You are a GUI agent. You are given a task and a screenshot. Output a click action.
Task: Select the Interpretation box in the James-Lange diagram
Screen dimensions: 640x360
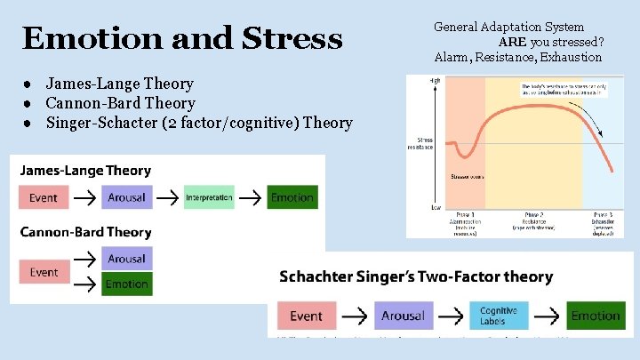click(x=209, y=197)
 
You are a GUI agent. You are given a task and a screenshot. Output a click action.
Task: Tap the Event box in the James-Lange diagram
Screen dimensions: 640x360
click(x=43, y=197)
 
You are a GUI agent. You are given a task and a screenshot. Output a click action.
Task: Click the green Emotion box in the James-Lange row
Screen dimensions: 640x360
click(x=292, y=197)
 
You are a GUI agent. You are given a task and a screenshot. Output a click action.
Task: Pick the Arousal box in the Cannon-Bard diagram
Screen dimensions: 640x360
click(x=126, y=259)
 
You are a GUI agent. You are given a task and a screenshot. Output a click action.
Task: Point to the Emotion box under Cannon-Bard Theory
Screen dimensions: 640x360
click(x=126, y=284)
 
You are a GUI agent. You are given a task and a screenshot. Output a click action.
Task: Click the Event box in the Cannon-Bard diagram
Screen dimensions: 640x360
click(x=44, y=272)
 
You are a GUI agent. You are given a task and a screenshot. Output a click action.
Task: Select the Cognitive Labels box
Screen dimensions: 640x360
click(x=499, y=316)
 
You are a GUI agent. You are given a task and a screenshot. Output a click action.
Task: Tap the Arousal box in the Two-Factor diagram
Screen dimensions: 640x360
click(x=403, y=316)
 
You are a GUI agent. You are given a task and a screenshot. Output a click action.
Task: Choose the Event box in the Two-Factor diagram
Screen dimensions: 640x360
click(x=307, y=316)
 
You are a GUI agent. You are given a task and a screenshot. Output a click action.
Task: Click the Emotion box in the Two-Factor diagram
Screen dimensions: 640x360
click(x=596, y=316)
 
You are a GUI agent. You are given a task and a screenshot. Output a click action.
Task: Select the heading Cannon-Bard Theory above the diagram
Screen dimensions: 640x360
click(x=85, y=232)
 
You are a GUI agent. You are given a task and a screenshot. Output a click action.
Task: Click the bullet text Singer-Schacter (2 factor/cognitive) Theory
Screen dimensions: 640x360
click(x=199, y=123)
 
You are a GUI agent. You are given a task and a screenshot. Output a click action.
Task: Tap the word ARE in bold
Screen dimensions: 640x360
click(x=512, y=42)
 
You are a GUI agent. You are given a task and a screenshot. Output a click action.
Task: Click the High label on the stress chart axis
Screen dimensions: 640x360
click(x=435, y=81)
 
